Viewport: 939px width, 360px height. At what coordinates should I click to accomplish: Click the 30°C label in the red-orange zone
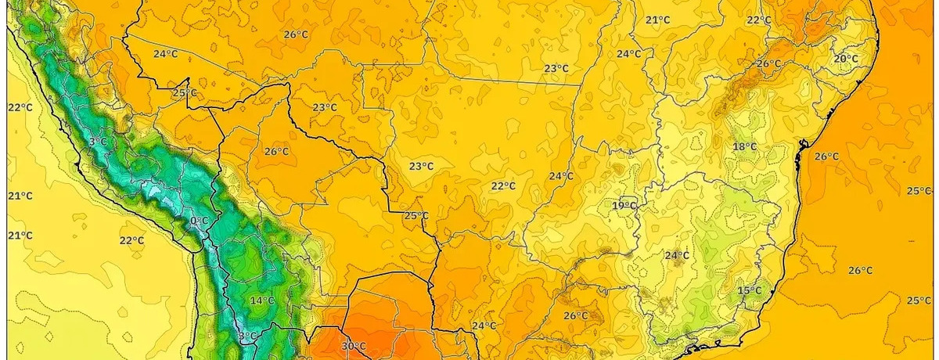pos(354,346)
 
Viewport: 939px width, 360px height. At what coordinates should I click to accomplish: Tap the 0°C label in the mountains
pos(200,221)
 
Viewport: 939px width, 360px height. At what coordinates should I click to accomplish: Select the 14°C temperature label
pos(262,301)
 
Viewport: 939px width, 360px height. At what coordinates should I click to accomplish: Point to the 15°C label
pos(750,291)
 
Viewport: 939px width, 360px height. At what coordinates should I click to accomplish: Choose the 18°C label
pos(744,147)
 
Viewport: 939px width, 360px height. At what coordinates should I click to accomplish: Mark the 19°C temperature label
pos(624,206)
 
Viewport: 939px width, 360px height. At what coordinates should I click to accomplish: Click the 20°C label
pos(845,59)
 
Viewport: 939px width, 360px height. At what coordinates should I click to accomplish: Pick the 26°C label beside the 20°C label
pos(768,64)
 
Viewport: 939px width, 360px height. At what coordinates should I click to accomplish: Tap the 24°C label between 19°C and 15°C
pos(677,256)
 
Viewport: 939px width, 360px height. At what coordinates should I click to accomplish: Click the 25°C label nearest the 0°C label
pos(185,93)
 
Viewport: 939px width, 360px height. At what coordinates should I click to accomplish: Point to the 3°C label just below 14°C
pos(246,337)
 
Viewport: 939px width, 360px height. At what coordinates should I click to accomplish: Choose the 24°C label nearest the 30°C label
pos(484,326)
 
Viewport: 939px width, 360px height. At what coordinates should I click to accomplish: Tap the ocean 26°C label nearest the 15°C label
pos(860,271)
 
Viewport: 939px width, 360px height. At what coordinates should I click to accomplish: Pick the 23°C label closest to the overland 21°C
pos(556,69)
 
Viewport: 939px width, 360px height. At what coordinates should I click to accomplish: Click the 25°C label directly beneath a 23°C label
pos(416,216)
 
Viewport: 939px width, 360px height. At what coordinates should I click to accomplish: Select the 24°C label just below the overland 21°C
pos(628,54)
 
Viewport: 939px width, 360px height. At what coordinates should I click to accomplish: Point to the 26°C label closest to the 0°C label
pos(276,152)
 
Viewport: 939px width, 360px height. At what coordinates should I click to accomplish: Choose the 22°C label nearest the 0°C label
pos(131,240)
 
